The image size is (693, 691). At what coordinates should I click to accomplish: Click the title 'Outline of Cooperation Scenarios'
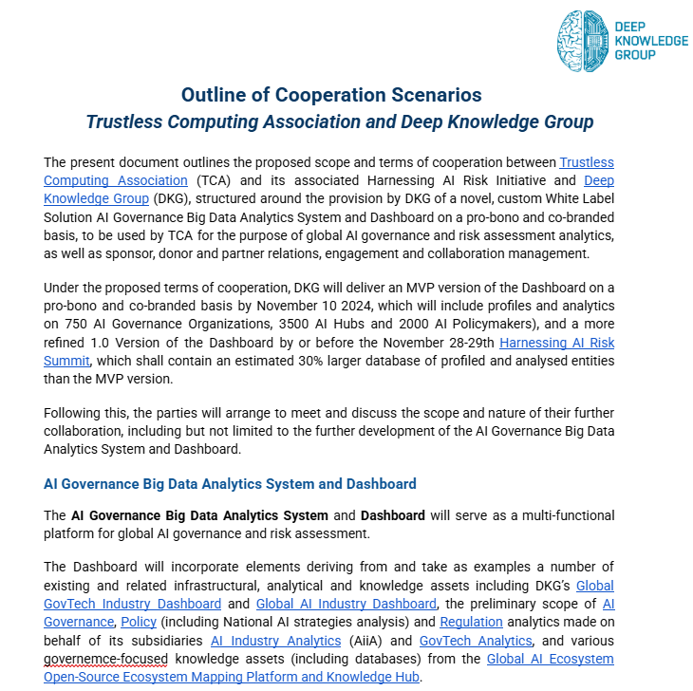click(x=331, y=95)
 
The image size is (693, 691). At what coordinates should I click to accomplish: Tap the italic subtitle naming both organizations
click(x=339, y=122)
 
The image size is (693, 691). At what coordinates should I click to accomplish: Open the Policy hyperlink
click(x=138, y=622)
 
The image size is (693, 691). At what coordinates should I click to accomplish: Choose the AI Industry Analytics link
click(x=275, y=641)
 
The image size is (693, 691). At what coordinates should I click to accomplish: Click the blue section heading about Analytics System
click(x=230, y=484)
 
